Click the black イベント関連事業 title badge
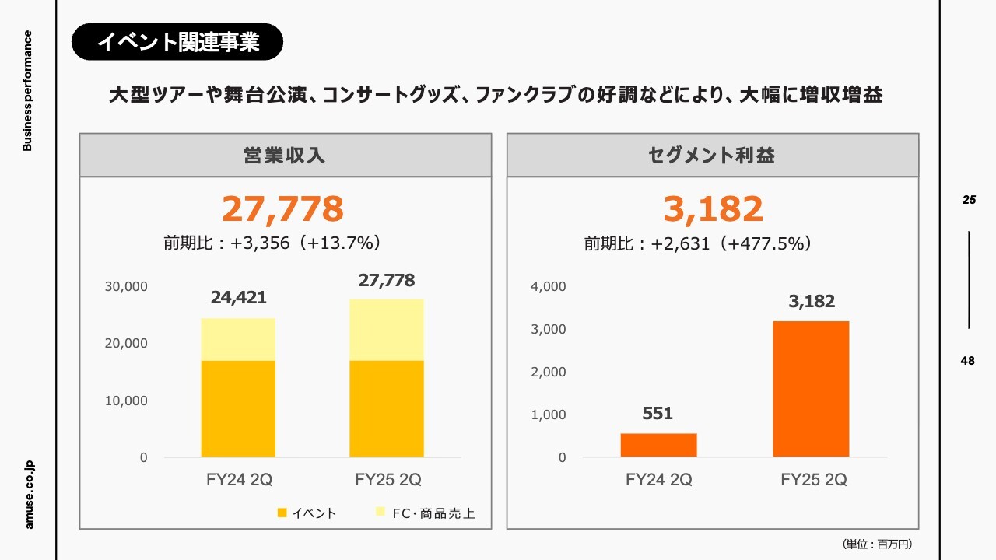pyautogui.click(x=177, y=42)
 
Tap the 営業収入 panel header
pyautogui.click(x=285, y=155)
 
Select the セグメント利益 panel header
pyautogui.click(x=712, y=155)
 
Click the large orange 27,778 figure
pyautogui.click(x=282, y=209)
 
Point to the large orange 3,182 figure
pyautogui.click(x=713, y=209)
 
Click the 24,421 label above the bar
pyautogui.click(x=238, y=297)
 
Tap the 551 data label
pyautogui.click(x=658, y=414)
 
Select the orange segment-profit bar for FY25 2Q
pyautogui.click(x=811, y=388)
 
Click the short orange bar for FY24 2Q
pyautogui.click(x=658, y=445)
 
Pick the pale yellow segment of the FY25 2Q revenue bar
pyautogui.click(x=387, y=330)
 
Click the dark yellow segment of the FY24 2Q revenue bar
pyautogui.click(x=238, y=408)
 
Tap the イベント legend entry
pyautogui.click(x=307, y=513)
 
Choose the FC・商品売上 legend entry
pyautogui.click(x=425, y=513)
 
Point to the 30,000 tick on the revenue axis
pyautogui.click(x=125, y=286)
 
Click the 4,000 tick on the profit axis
pyautogui.click(x=548, y=286)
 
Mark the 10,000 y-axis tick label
pyautogui.click(x=125, y=401)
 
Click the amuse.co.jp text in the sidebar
pyautogui.click(x=29, y=494)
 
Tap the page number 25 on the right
pyautogui.click(x=969, y=200)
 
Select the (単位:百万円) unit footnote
pyautogui.click(x=876, y=544)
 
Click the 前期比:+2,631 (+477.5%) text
pyautogui.click(x=699, y=243)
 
